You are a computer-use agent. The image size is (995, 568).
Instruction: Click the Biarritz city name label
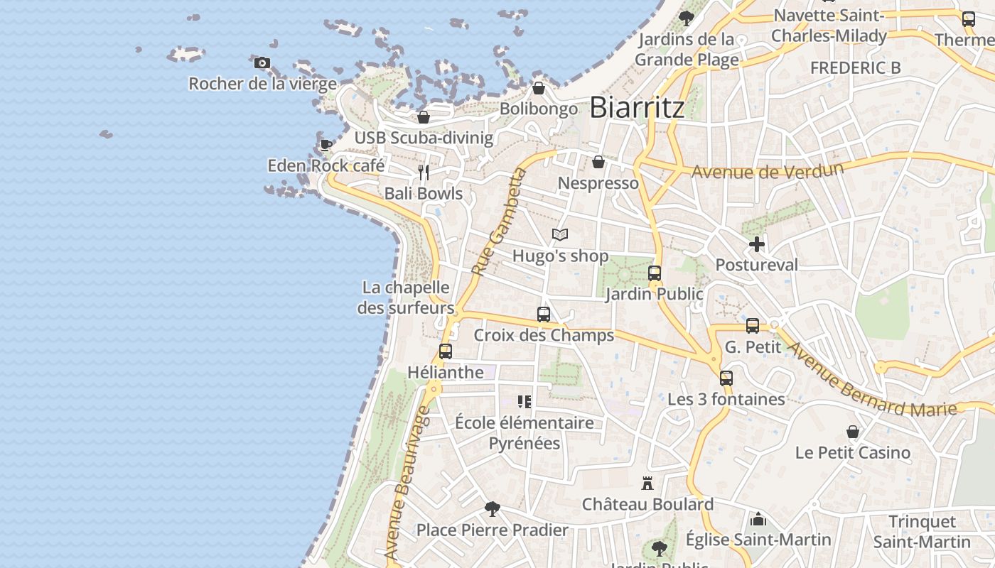pos(637,107)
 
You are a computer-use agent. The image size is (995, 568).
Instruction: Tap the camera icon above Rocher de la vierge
pos(262,62)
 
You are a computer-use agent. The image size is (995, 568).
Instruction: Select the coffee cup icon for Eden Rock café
pos(326,145)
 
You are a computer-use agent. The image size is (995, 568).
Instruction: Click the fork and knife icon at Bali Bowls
pos(424,173)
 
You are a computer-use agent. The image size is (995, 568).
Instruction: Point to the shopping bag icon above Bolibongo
pos(539,88)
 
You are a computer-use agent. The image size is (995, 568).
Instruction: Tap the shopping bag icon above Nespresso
pos(598,163)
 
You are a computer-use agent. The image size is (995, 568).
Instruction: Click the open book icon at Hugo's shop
pos(560,234)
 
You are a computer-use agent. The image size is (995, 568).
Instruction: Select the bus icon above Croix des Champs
pos(544,314)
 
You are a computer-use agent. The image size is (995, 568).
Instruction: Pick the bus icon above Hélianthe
pos(446,351)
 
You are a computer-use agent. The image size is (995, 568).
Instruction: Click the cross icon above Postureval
pos(757,244)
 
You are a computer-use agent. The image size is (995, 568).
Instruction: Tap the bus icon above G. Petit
pos(753,326)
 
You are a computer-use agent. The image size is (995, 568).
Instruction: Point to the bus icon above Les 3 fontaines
pos(726,378)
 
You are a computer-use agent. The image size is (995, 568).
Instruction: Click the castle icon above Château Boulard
pos(647,484)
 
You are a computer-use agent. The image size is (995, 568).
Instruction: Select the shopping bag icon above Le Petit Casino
pos(853,432)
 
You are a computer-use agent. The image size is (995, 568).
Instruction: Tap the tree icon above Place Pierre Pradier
pos(492,508)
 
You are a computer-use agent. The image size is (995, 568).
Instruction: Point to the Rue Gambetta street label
pos(497,222)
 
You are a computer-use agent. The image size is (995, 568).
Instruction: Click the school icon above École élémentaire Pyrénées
pos(525,402)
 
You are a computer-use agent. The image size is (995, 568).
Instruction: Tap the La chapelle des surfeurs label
pos(406,297)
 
